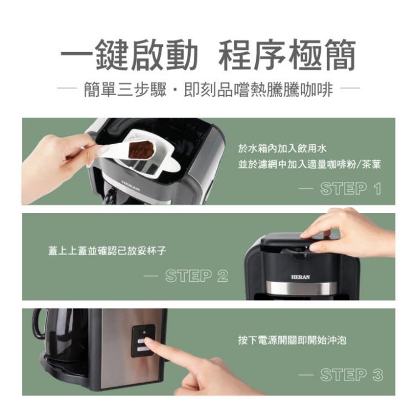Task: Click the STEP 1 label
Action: point(351,189)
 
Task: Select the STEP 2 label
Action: point(196,276)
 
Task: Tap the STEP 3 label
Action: point(352,374)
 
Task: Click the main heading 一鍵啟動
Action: point(129,55)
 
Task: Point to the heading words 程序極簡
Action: point(287,55)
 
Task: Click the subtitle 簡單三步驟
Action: point(125,89)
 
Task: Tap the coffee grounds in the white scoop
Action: point(141,149)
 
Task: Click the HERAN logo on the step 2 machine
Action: point(300,277)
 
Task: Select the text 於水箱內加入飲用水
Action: point(282,149)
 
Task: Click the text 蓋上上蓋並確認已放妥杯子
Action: point(107,250)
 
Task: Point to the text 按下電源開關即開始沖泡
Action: point(292,340)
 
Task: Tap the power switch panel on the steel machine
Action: point(143,341)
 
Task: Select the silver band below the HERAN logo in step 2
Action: point(301,288)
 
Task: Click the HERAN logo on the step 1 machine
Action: point(131,185)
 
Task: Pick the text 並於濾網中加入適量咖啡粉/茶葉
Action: point(310,165)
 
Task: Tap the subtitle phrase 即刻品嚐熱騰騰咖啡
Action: point(258,89)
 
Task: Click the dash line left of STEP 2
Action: point(151,276)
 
